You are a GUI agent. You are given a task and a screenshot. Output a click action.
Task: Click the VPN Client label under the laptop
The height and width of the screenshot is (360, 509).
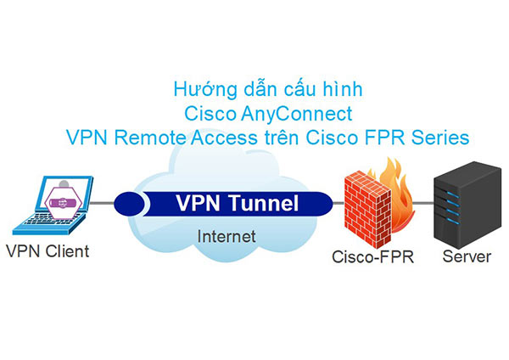48,251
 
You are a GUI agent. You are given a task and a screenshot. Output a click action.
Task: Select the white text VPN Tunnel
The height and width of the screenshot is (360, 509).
237,204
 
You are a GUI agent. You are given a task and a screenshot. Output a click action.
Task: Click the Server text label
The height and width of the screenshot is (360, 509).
466,255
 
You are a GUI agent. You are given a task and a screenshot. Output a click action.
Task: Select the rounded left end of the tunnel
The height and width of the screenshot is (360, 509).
125,204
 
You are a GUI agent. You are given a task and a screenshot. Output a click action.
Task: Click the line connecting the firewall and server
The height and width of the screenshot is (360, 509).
422,204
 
